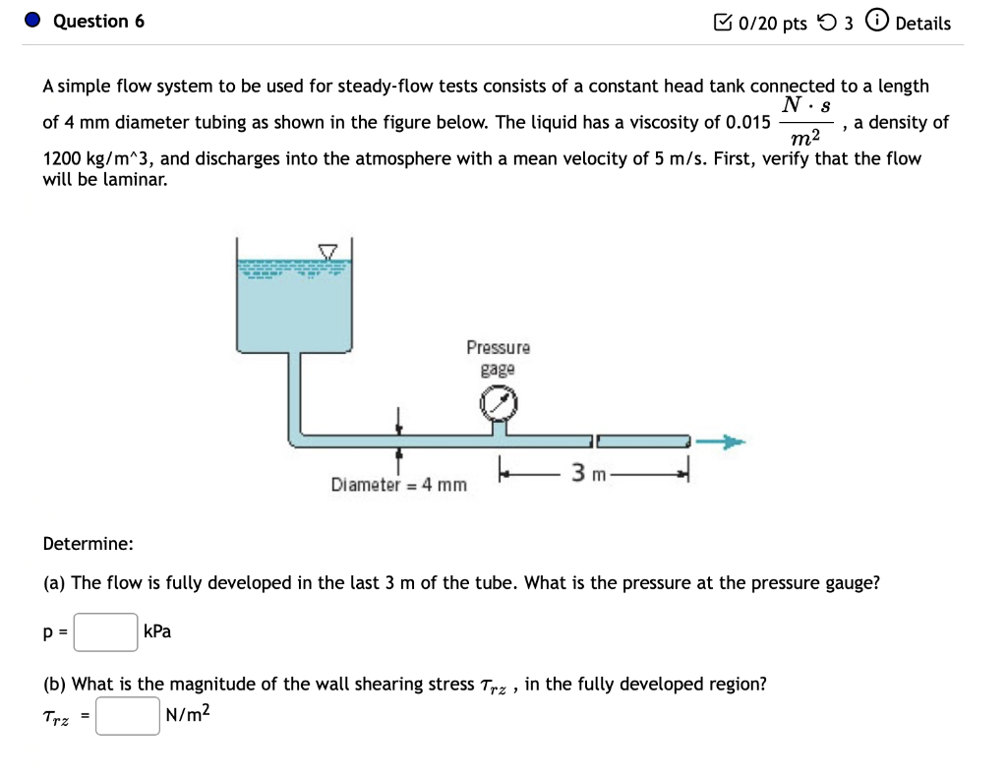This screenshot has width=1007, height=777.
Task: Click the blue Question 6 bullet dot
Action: (33, 22)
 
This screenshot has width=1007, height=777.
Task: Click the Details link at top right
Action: (921, 23)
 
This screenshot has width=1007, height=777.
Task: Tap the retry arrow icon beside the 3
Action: (825, 23)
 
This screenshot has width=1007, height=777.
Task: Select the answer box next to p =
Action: (106, 632)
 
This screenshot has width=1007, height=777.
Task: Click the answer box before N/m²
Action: (128, 716)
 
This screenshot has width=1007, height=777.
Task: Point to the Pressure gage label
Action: (499, 358)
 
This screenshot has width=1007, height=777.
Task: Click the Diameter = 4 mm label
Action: (398, 485)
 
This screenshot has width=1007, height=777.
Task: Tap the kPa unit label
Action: (157, 631)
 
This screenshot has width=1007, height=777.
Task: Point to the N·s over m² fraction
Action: (806, 123)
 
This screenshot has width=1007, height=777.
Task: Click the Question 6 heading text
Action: (98, 22)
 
